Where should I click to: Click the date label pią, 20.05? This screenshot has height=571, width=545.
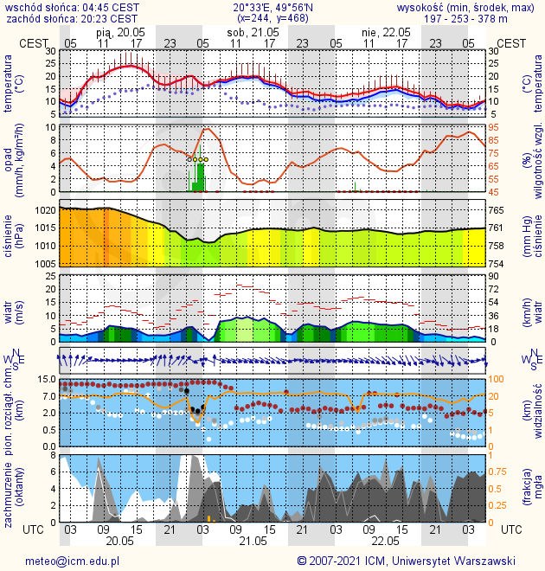click(120, 31)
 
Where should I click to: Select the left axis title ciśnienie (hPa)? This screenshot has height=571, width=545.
click(14, 235)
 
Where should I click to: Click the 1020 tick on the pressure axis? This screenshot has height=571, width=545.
click(45, 210)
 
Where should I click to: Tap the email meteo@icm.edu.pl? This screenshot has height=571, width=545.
click(72, 561)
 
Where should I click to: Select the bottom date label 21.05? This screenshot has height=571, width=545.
click(253, 541)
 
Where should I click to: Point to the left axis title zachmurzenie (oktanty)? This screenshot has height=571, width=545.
click(14, 489)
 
